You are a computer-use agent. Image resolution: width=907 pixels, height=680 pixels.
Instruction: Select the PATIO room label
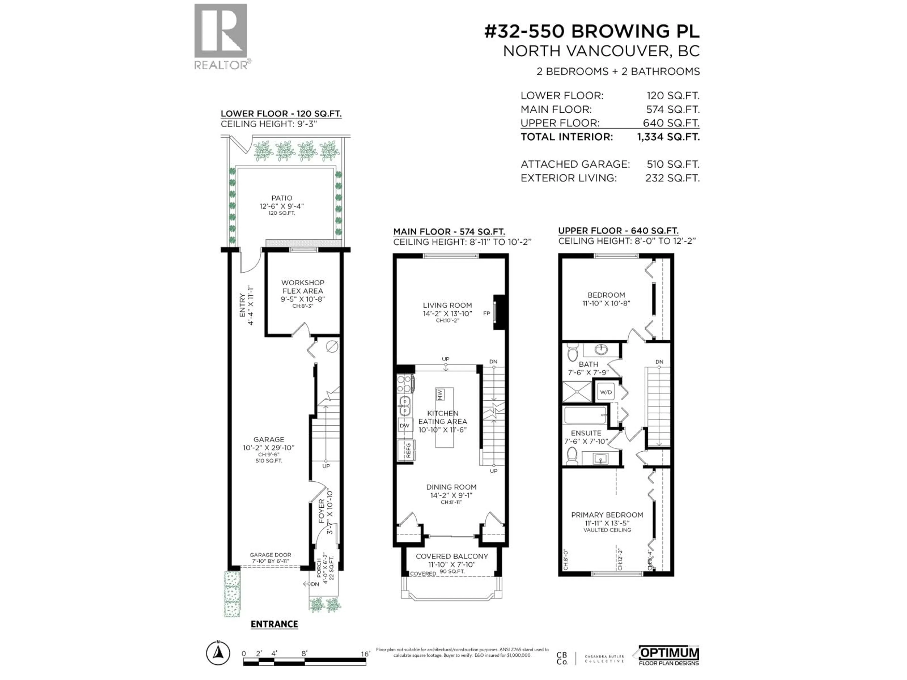[282, 198]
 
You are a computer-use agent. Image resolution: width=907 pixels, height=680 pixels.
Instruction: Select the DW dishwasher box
[405, 425]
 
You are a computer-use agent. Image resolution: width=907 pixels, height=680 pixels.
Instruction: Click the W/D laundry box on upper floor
[606, 392]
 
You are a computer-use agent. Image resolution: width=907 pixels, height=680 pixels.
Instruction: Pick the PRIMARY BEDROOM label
[607, 515]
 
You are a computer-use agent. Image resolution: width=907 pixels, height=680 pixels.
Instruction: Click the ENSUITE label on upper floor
[586, 433]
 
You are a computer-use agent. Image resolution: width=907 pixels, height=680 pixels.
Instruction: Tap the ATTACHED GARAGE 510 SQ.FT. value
[672, 164]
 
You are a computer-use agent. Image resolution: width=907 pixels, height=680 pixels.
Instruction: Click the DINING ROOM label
[451, 487]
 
